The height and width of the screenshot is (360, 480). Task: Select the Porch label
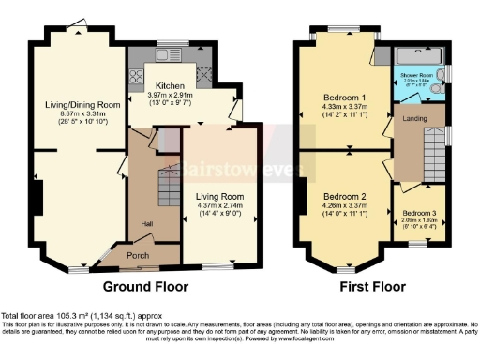coord(138,254)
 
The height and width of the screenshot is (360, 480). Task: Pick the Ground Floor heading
coord(145,286)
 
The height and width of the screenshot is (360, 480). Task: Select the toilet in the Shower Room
coord(442,71)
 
